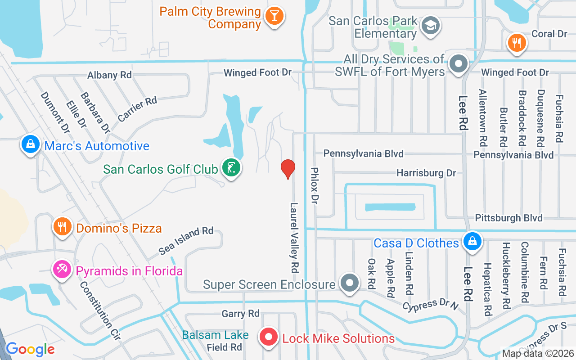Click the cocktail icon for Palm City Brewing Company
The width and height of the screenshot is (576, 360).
coord(274,17)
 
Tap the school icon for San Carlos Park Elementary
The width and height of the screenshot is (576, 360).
coord(431,26)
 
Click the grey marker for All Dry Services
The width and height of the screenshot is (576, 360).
coord(459,64)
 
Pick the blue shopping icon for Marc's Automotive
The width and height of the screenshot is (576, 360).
coord(30,145)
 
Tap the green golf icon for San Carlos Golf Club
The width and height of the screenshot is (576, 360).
coord(231,168)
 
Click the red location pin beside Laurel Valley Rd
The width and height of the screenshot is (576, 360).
coord(288,169)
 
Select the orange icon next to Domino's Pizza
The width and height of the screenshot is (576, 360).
coord(62,227)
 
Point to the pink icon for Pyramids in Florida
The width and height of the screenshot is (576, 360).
coord(62,270)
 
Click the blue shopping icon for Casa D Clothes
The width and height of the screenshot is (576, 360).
coord(472,241)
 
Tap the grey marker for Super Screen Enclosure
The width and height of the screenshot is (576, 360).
coord(350,283)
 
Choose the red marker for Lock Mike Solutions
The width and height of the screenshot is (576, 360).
coord(269,337)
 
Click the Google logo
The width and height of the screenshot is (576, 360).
coord(30,349)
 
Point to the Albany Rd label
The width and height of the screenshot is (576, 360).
coord(109,75)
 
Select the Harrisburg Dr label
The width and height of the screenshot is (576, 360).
coord(426,173)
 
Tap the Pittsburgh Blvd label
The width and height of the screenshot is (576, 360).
coord(508,218)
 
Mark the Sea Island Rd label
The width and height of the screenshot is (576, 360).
coord(186,241)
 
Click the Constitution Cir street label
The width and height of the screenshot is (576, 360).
coord(97,311)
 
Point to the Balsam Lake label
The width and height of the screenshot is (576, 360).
coord(215,335)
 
